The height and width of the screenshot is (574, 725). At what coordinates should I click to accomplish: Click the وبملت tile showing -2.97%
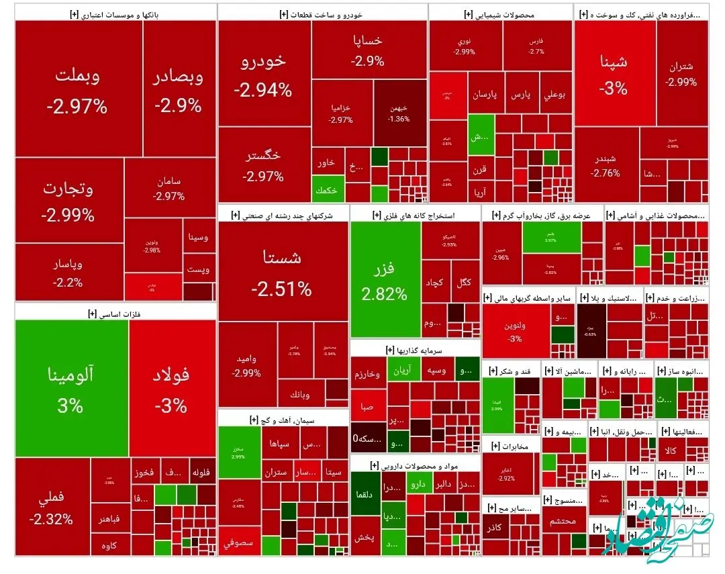(77, 91)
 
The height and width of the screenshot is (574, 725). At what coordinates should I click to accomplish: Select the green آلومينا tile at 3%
(71, 388)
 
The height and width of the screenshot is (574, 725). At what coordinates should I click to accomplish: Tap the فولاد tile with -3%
(172, 388)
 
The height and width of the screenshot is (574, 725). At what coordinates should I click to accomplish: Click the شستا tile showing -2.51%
(281, 272)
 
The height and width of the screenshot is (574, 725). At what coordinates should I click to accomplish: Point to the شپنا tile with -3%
(613, 74)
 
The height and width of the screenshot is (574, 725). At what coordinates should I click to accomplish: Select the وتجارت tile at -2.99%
(68, 201)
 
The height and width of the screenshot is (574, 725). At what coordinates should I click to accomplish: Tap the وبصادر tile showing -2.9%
(179, 91)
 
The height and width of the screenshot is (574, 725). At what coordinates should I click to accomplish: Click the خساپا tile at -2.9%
(368, 50)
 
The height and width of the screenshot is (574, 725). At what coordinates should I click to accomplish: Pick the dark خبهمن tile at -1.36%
(399, 113)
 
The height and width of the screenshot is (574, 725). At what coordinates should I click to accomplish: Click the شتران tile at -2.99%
(681, 74)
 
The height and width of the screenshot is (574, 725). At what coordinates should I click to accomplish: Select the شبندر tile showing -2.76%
(606, 166)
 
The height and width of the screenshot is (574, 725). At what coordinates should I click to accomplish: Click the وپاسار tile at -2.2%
(68, 272)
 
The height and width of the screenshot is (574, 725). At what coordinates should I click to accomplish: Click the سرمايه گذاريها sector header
(414, 350)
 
